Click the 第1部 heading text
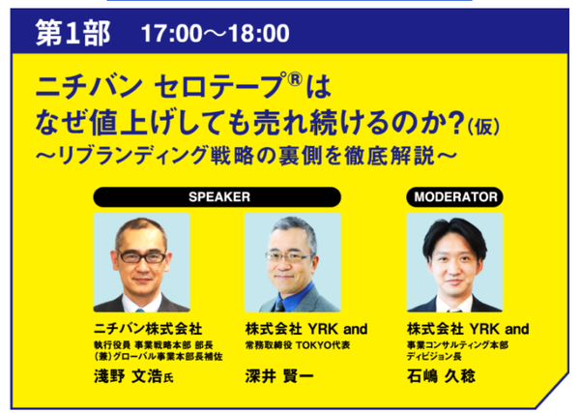pyautogui.click(x=72, y=33)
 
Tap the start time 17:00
pyautogui.click(x=172, y=33)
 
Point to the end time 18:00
pyautogui.click(x=258, y=33)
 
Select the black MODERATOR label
pyautogui.click(x=454, y=197)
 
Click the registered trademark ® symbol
pyautogui.click(x=295, y=78)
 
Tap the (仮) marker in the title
pyautogui.click(x=483, y=127)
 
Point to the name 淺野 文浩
pyautogui.click(x=128, y=376)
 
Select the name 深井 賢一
pyautogui.click(x=279, y=376)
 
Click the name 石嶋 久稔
pyautogui.click(x=441, y=376)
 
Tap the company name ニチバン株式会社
pyautogui.click(x=148, y=329)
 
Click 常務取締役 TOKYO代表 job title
pyautogui.click(x=298, y=345)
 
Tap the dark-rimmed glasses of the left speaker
pyautogui.click(x=142, y=256)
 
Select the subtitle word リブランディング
pyautogui.click(x=132, y=156)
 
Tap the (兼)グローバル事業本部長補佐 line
pyautogui.click(x=159, y=356)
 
